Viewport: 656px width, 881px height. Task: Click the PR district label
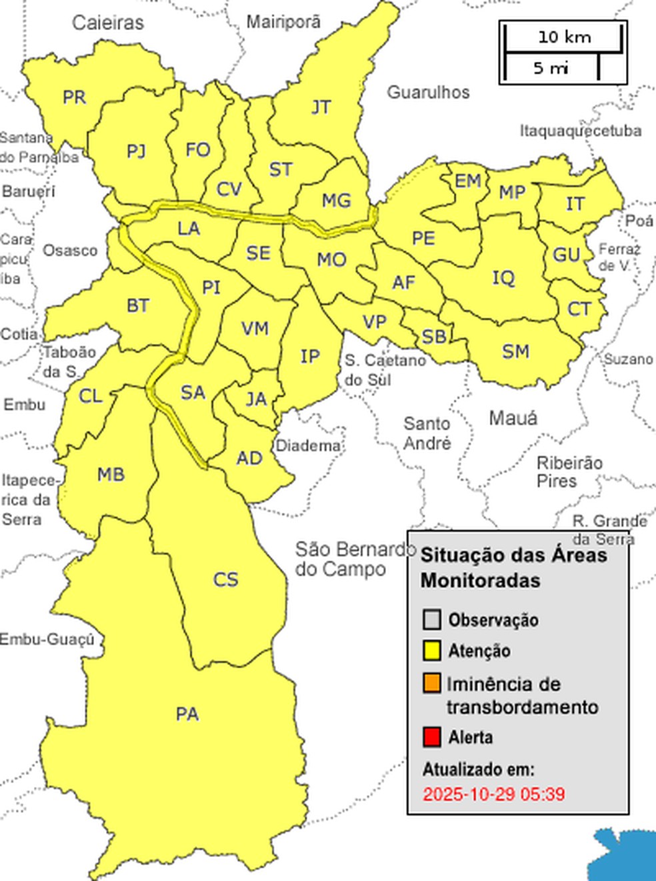pos(74,97)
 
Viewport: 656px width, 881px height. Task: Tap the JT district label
pos(321,107)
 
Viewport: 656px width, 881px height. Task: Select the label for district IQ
pos(503,277)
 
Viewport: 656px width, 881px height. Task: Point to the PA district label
pos(187,714)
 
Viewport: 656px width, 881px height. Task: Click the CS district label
pos(225,580)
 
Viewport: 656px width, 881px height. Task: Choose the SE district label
pos(258,253)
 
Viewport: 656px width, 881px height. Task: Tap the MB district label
pos(111,474)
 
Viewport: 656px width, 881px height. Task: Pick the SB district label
pos(434,336)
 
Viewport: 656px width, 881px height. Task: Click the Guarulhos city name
pos(428,92)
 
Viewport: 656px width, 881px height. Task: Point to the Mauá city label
pos(513,419)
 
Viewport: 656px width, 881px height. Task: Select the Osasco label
pos(70,251)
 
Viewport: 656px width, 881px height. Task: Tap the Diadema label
pos(308,446)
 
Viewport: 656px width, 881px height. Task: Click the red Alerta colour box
pos(432,738)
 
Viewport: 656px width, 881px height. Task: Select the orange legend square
pos(432,684)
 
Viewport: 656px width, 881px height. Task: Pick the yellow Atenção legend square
pos(432,650)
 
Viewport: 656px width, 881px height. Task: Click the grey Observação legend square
pos(432,620)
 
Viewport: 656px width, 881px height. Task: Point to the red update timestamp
pos(493,794)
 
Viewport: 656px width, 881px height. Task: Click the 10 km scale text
pos(564,37)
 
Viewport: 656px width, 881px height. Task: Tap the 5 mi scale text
pos(551,68)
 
